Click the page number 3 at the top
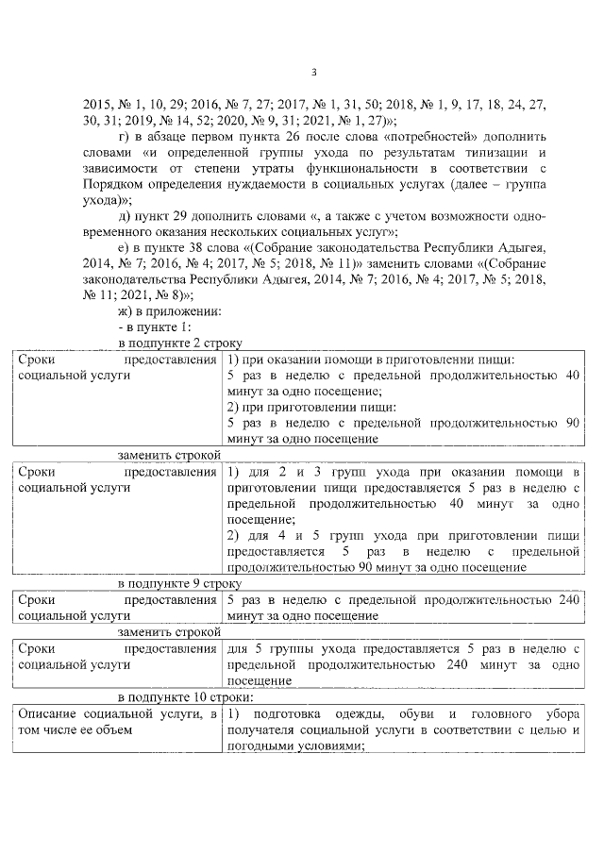pyautogui.click(x=315, y=73)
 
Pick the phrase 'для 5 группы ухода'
pyautogui.click(x=287, y=649)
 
